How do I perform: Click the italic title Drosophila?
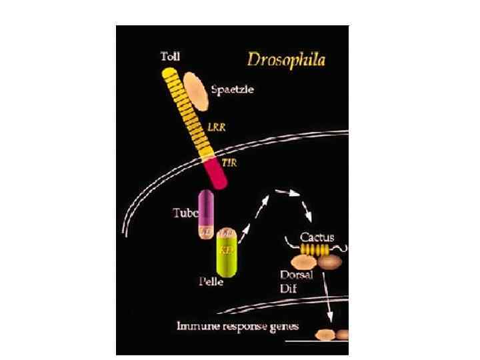(x=286, y=59)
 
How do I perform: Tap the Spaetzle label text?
(x=232, y=89)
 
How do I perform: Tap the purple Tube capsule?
(x=205, y=208)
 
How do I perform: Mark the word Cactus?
(x=317, y=236)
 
